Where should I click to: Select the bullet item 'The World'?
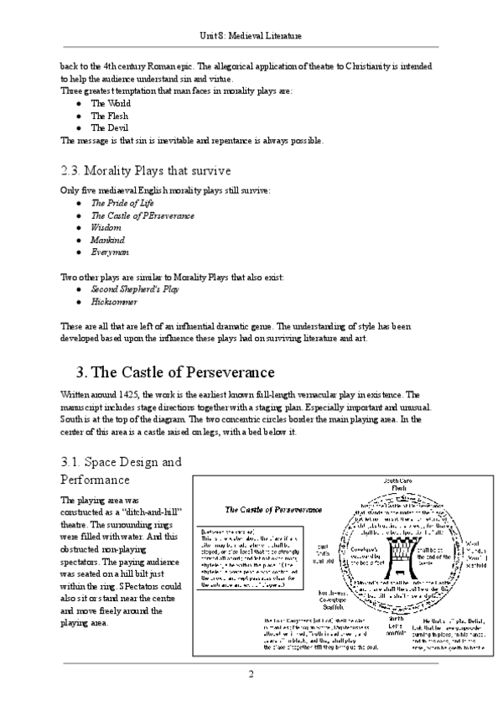pyautogui.click(x=106, y=102)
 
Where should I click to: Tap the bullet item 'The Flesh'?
pyautogui.click(x=106, y=115)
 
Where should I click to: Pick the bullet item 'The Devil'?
pyautogui.click(x=106, y=127)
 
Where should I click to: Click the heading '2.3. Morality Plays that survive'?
pyautogui.click(x=133, y=171)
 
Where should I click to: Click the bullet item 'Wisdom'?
pyautogui.click(x=106, y=227)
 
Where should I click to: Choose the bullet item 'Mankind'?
pyautogui.click(x=107, y=239)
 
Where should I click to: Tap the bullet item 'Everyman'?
pyautogui.click(x=109, y=251)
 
